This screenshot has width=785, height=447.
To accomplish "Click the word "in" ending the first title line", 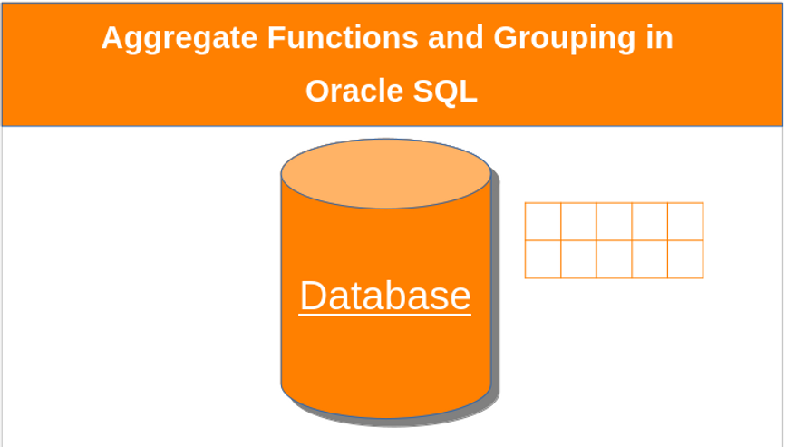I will (659, 39).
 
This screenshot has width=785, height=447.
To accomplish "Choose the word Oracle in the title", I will (348, 91).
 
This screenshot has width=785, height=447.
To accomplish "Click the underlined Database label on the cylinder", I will (385, 296).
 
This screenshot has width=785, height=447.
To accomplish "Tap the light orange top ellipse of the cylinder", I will (385, 173).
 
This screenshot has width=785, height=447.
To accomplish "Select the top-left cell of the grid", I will (543, 221).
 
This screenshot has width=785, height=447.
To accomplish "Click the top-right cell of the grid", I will (685, 221).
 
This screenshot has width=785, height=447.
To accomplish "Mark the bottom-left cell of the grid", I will (543, 258).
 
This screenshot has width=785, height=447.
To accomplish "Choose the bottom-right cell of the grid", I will (685, 258).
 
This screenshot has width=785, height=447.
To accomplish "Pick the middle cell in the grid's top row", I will (614, 221).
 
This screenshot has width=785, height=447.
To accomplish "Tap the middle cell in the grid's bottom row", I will (614, 258).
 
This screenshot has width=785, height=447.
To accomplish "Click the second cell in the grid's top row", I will (578, 221).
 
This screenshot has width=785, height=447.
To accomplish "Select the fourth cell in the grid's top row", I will (650, 221).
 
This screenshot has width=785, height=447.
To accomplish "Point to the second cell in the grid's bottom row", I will (578, 258).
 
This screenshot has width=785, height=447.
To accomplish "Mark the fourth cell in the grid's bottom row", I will (650, 258).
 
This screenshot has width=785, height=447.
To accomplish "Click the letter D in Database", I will (313, 296).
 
